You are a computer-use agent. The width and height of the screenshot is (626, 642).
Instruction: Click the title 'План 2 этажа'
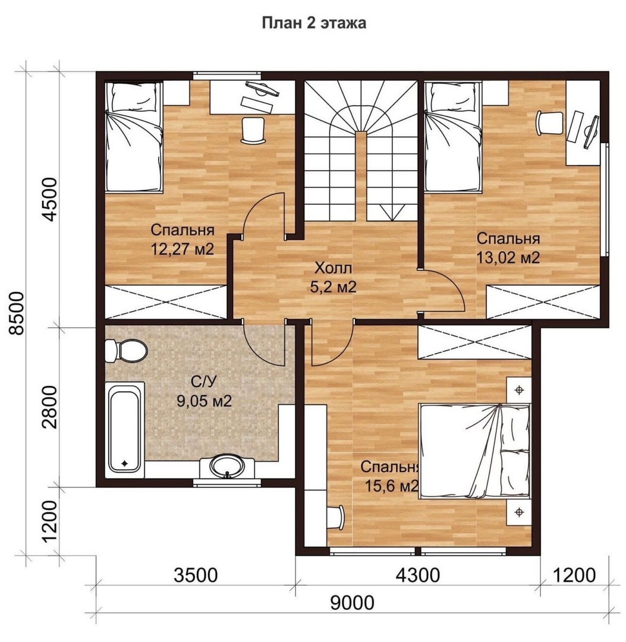[x=314, y=23]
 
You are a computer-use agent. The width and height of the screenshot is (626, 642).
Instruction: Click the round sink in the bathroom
[x=227, y=467]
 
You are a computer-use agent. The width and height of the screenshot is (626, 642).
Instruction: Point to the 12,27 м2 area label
[x=183, y=249]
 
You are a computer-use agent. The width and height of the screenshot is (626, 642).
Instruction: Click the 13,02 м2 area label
[x=508, y=257]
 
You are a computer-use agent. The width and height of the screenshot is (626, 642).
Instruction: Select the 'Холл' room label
[x=333, y=268]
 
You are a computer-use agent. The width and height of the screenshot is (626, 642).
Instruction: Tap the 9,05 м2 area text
[x=204, y=401]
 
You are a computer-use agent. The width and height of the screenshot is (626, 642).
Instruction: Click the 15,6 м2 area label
[x=391, y=486]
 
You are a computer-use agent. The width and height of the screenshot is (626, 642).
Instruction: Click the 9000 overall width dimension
[x=352, y=603]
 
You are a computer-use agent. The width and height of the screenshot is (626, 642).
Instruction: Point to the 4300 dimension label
[x=417, y=575]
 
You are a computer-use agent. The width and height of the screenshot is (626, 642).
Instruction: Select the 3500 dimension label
[x=196, y=575]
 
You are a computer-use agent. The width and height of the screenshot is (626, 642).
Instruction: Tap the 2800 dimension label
[x=51, y=407]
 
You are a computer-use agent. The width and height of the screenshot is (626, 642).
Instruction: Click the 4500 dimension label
[x=51, y=199]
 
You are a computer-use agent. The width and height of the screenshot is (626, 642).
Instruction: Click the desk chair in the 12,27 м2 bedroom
[x=254, y=131]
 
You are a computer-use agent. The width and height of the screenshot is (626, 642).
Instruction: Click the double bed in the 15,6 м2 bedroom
[x=474, y=451]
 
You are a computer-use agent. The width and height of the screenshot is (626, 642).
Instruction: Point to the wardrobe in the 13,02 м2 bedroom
[x=543, y=302]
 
